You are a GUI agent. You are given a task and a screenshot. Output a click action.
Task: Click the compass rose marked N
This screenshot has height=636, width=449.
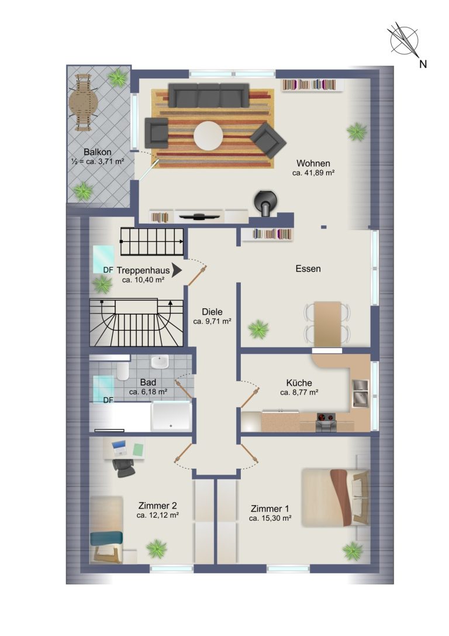404,40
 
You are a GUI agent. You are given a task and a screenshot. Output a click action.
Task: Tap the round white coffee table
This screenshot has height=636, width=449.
208,136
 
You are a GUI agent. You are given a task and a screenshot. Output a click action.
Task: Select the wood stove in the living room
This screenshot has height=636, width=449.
265,202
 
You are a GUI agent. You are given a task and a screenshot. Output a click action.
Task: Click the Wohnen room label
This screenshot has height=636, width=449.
313,163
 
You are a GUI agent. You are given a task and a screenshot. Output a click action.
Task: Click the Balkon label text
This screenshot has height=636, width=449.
97,152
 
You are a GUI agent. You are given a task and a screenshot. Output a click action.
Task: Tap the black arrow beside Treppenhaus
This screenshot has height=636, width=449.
177,270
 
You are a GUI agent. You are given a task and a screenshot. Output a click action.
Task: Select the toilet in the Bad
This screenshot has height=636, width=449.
122,370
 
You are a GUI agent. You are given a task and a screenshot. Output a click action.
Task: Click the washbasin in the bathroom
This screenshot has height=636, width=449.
160,362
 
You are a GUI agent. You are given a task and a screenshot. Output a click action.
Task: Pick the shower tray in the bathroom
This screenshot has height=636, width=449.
171,416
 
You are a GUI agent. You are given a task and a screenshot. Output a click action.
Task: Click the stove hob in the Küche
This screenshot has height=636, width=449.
326,417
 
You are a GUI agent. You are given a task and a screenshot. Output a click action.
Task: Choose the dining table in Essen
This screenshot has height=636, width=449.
327,324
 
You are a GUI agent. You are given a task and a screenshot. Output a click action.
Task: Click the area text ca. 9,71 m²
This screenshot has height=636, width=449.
212,321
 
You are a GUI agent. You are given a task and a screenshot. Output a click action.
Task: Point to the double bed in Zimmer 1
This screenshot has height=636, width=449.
336,497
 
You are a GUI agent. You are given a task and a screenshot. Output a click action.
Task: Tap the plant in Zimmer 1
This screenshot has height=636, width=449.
353,551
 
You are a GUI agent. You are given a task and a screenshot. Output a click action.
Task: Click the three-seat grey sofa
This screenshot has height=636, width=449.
209,95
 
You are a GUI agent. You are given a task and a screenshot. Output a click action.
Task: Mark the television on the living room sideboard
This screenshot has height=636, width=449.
199,216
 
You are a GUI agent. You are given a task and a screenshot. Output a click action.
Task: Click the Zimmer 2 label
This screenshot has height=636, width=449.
158,506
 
